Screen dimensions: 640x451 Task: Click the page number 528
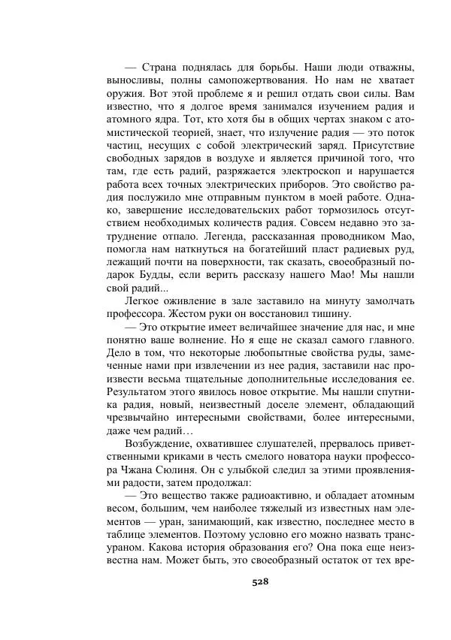click(260, 581)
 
